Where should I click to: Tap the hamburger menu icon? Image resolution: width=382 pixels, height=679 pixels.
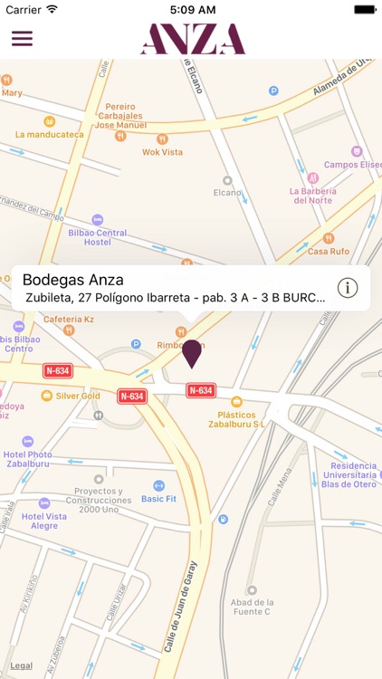tap(22, 39)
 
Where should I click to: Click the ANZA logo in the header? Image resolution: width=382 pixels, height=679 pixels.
tap(193, 39)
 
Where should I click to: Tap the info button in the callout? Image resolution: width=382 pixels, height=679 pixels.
tap(348, 288)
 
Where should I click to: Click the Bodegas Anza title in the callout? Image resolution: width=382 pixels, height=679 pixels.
tap(72, 280)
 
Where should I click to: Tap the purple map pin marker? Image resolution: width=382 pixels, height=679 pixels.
tap(192, 353)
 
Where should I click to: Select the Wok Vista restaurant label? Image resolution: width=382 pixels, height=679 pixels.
tap(163, 152)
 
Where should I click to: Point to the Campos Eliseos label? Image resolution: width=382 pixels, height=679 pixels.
tap(353, 164)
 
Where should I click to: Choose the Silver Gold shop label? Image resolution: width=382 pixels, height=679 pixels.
tap(77, 396)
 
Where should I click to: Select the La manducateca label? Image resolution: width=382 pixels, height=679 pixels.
tap(49, 134)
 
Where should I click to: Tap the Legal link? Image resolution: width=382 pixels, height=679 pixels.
tap(22, 665)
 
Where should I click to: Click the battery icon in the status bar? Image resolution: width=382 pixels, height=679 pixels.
tap(365, 9)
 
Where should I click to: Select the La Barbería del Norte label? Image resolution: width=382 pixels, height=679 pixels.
tap(312, 196)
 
